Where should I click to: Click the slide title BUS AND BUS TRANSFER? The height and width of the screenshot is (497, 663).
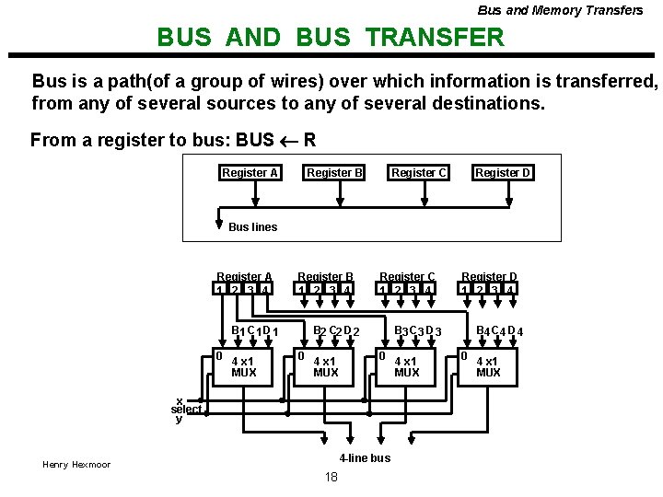tap(331, 38)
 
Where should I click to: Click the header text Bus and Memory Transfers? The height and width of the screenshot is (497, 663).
tap(560, 10)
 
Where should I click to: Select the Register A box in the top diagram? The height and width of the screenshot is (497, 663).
tap(250, 173)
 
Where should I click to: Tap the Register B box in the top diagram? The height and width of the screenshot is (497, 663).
tap(334, 173)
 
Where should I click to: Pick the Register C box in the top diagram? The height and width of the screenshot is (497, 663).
tap(419, 173)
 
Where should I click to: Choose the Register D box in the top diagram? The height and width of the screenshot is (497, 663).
tap(503, 173)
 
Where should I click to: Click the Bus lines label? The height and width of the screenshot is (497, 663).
tap(252, 227)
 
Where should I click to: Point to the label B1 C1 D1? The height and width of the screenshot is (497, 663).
tap(254, 330)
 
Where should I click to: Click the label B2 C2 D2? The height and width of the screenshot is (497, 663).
tap(335, 330)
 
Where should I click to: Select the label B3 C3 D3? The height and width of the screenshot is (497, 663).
tap(418, 330)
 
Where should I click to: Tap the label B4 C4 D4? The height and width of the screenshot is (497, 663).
tap(499, 330)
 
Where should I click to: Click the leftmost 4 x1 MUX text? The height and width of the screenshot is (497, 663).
tap(244, 367)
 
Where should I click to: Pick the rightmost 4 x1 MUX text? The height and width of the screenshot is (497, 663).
tap(489, 367)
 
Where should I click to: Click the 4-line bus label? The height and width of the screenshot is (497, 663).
tap(365, 457)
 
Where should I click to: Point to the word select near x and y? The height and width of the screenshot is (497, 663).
tap(186, 409)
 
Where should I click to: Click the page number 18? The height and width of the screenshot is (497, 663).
tap(331, 477)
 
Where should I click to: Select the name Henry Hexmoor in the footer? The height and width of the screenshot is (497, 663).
tap(76, 465)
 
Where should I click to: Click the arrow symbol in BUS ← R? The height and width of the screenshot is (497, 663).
tap(289, 141)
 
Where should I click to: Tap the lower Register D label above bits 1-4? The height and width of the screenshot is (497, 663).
tap(489, 276)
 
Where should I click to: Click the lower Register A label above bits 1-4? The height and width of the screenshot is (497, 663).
tap(244, 276)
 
